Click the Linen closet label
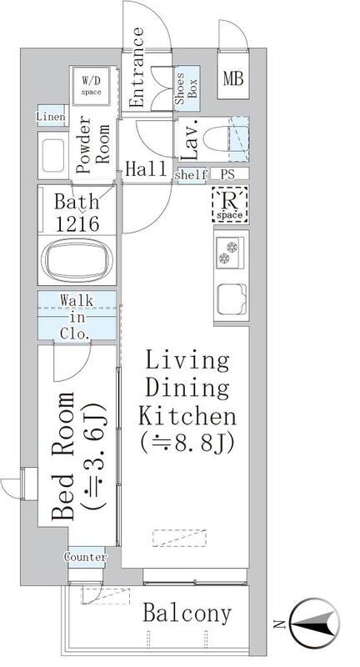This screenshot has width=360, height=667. point(51,118)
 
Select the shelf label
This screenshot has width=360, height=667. point(191,175)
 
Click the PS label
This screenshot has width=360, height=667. point(227,175)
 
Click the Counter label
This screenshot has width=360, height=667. point(85,557)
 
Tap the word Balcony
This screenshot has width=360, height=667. point(187,614)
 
